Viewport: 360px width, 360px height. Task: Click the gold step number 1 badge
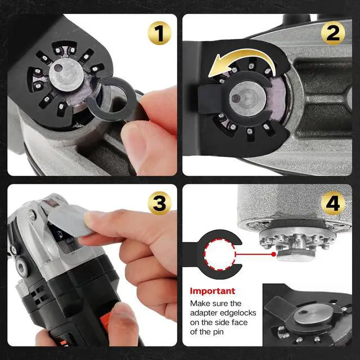pyautogui.click(x=159, y=34)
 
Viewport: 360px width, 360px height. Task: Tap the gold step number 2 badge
pyautogui.click(x=332, y=34)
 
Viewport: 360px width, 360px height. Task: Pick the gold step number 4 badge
pyautogui.click(x=332, y=204)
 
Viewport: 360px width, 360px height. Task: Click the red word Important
pyautogui.click(x=212, y=291)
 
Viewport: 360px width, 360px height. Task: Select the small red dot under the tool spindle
pyautogui.click(x=273, y=254)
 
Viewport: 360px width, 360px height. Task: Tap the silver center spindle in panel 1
pyautogui.click(x=66, y=76)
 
